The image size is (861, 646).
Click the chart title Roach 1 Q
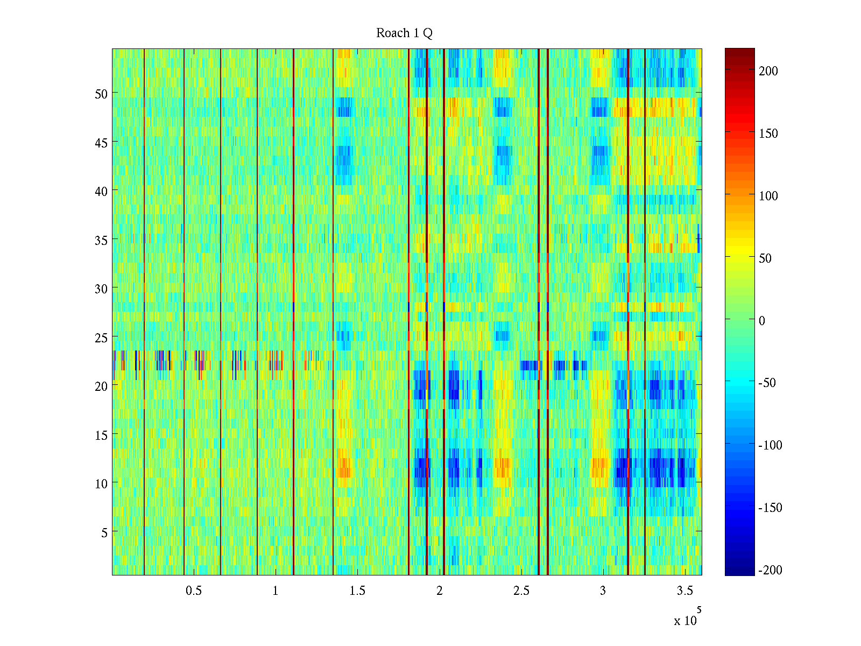[x=404, y=33]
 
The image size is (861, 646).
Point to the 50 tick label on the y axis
[x=101, y=94]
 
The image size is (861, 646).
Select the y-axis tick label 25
[x=101, y=338]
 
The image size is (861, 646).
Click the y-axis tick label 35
[x=101, y=240]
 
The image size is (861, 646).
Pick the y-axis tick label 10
[x=101, y=484]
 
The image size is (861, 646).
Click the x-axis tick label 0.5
[x=194, y=591]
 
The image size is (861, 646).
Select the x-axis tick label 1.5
[x=357, y=591]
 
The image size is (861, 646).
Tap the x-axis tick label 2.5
[x=521, y=591]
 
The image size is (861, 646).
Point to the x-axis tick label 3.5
[x=684, y=591]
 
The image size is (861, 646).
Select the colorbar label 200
[x=768, y=71]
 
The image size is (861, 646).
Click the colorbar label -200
[x=771, y=570]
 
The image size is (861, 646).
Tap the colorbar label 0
[x=761, y=321]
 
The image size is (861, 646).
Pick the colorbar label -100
[x=771, y=445]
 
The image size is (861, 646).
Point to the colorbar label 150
[x=768, y=134]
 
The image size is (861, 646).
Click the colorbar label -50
[x=767, y=383]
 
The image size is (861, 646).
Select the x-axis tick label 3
[x=603, y=591]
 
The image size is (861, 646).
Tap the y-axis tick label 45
[x=101, y=143]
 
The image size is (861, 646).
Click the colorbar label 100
[x=768, y=196]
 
